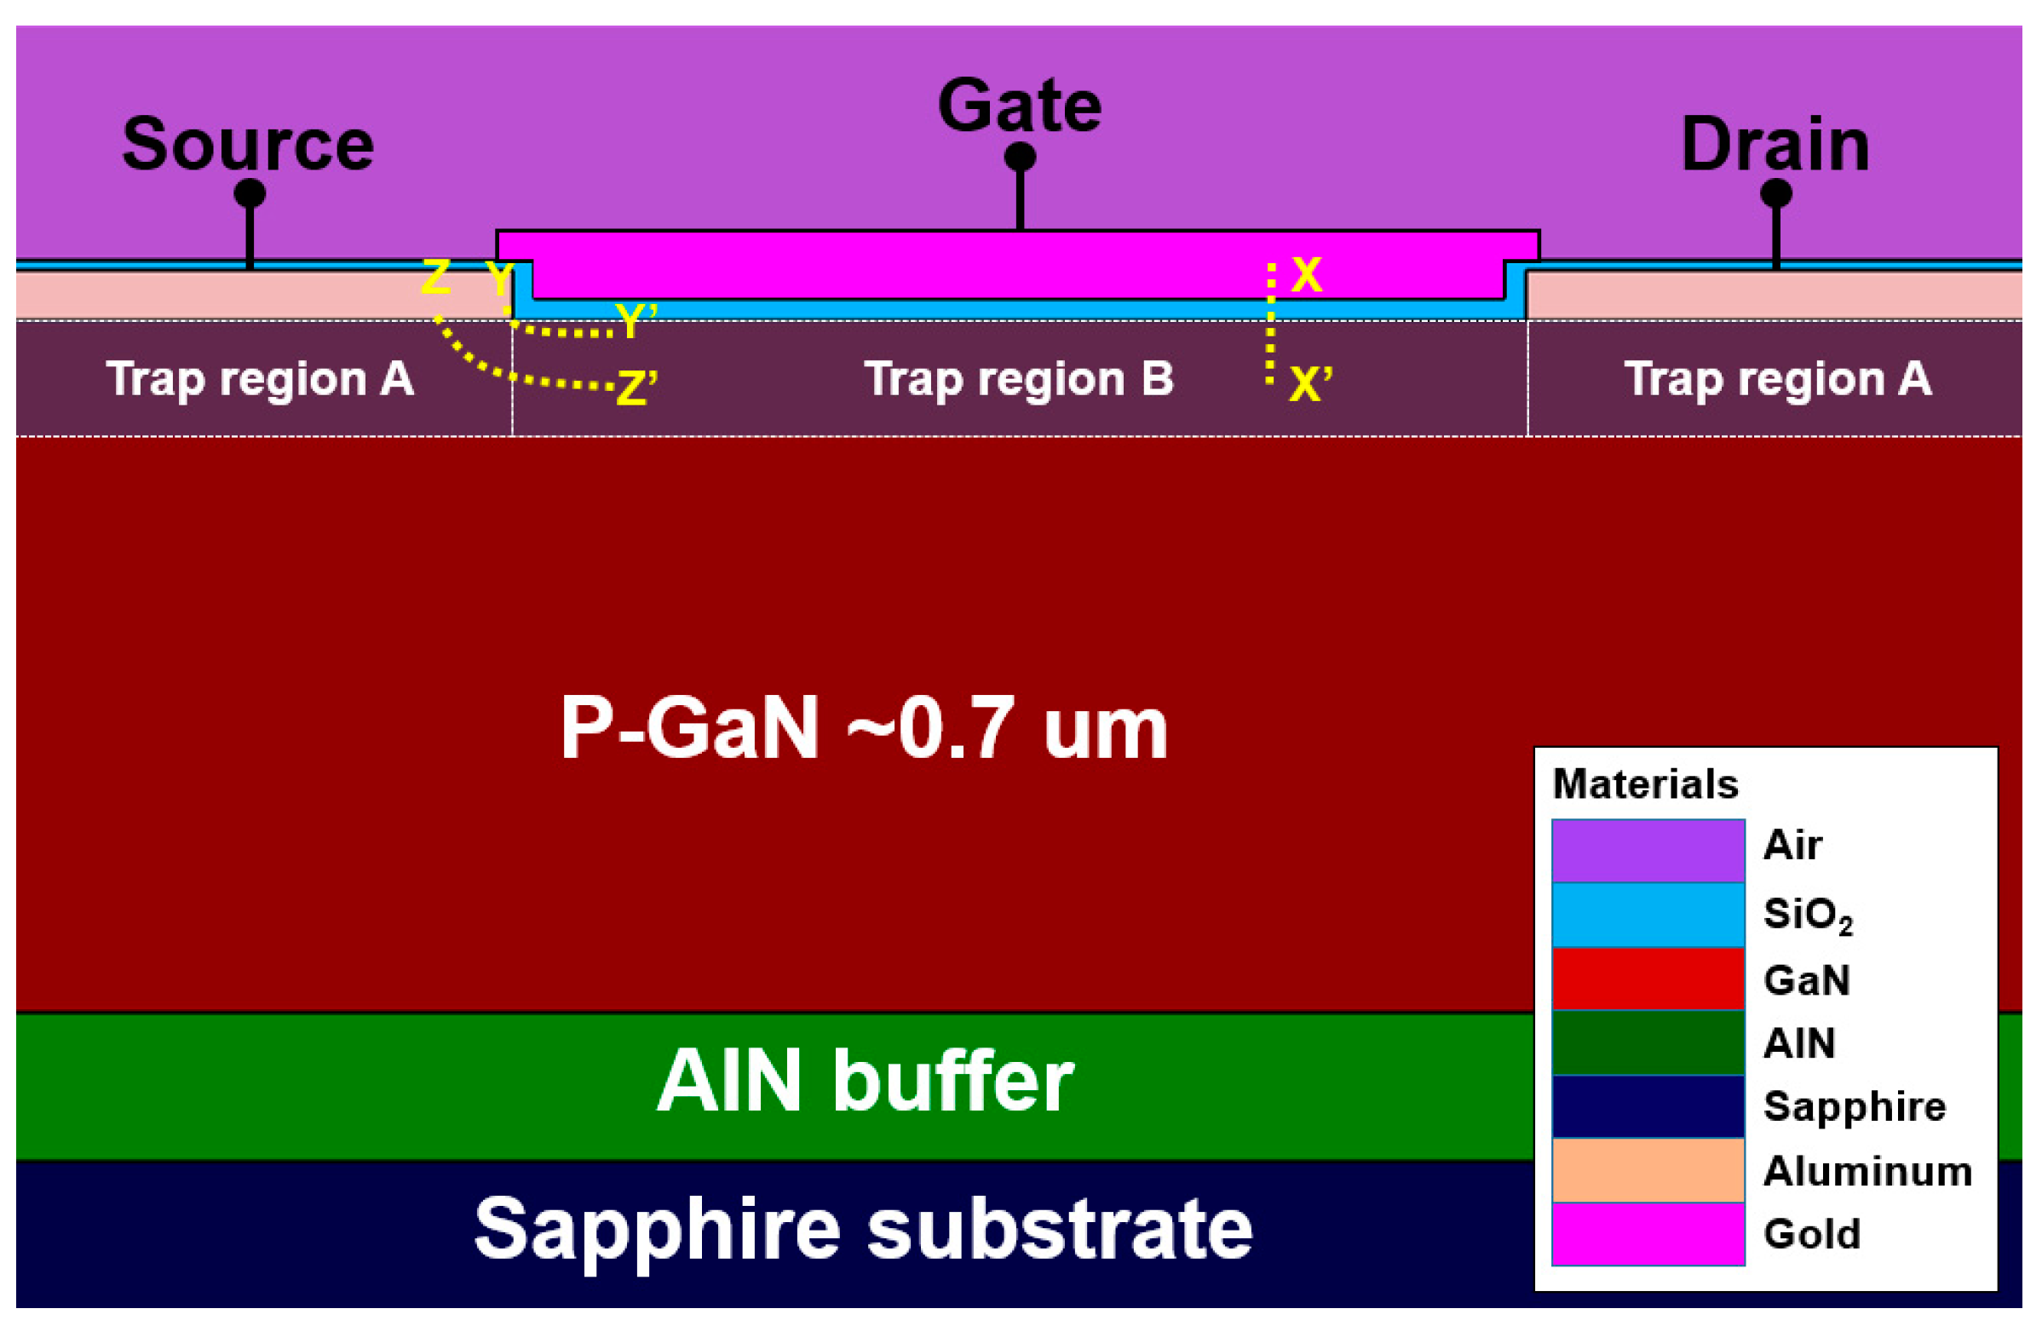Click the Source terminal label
click(x=248, y=144)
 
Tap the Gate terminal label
click(x=1019, y=106)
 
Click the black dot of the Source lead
click(x=250, y=193)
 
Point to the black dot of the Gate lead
click(x=1020, y=157)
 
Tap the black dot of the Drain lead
click(x=1776, y=193)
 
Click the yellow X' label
click(x=1310, y=383)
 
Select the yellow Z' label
click(x=636, y=387)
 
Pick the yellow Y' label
click(x=636, y=321)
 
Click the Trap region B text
click(x=1018, y=378)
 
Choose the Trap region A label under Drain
click(x=1778, y=378)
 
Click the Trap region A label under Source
click(x=260, y=378)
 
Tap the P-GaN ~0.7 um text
click(x=863, y=728)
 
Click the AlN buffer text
click(x=865, y=1082)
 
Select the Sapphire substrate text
click(x=863, y=1228)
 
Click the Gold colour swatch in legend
click(x=1648, y=1233)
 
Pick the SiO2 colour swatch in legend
click(x=1648, y=915)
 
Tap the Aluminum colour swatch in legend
click(x=1648, y=1170)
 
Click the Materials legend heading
click(x=1645, y=784)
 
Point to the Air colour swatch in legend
click(x=1648, y=851)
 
